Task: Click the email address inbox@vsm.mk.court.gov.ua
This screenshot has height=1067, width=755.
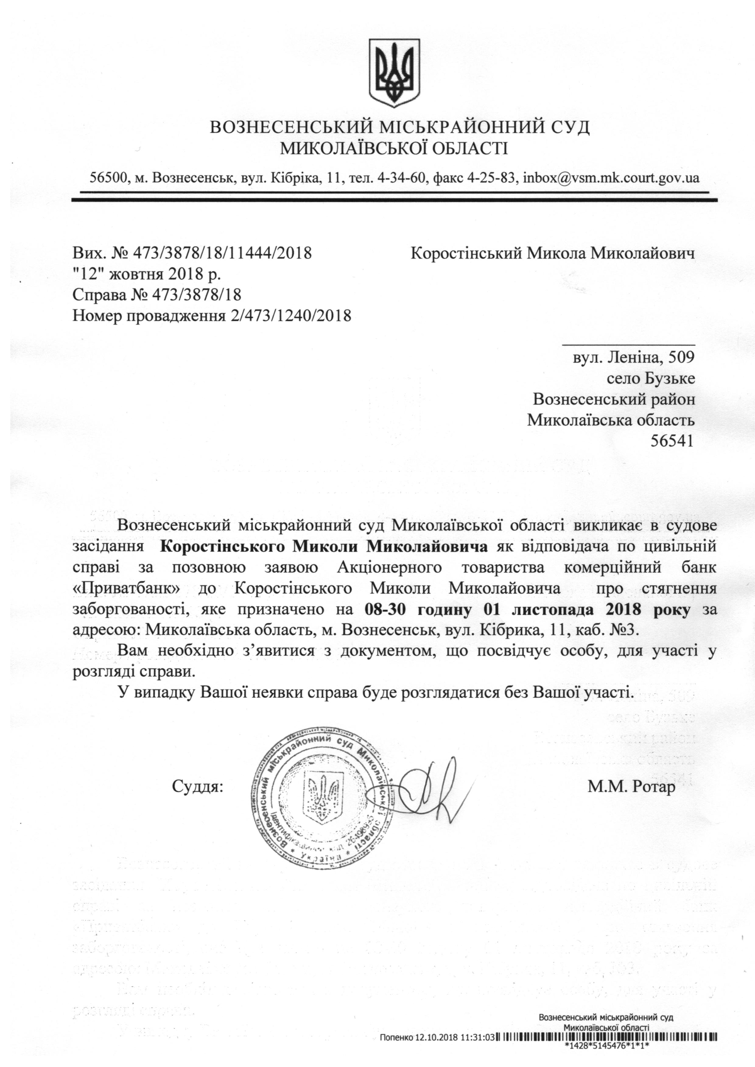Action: tap(611, 177)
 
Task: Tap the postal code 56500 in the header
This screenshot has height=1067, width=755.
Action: tap(109, 177)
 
